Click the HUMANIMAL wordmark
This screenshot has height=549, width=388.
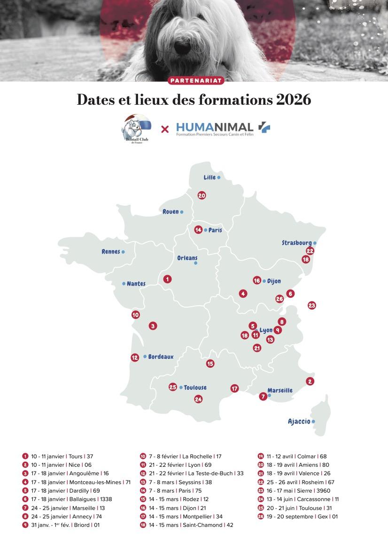click(x=215, y=126)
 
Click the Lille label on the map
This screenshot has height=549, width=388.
click(x=210, y=178)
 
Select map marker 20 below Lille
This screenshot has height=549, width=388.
click(x=202, y=195)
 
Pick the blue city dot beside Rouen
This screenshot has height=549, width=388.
click(x=181, y=212)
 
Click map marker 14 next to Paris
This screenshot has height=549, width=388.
click(x=199, y=230)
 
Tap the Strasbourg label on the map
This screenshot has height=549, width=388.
click(x=296, y=243)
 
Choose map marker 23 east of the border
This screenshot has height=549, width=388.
click(x=312, y=305)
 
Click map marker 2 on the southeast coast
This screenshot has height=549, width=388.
click(x=310, y=381)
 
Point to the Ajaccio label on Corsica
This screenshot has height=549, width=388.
click(x=299, y=421)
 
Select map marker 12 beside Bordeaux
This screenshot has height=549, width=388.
click(x=135, y=357)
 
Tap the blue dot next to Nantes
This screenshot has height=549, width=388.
click(x=124, y=284)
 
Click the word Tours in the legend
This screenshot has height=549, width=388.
click(x=76, y=456)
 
